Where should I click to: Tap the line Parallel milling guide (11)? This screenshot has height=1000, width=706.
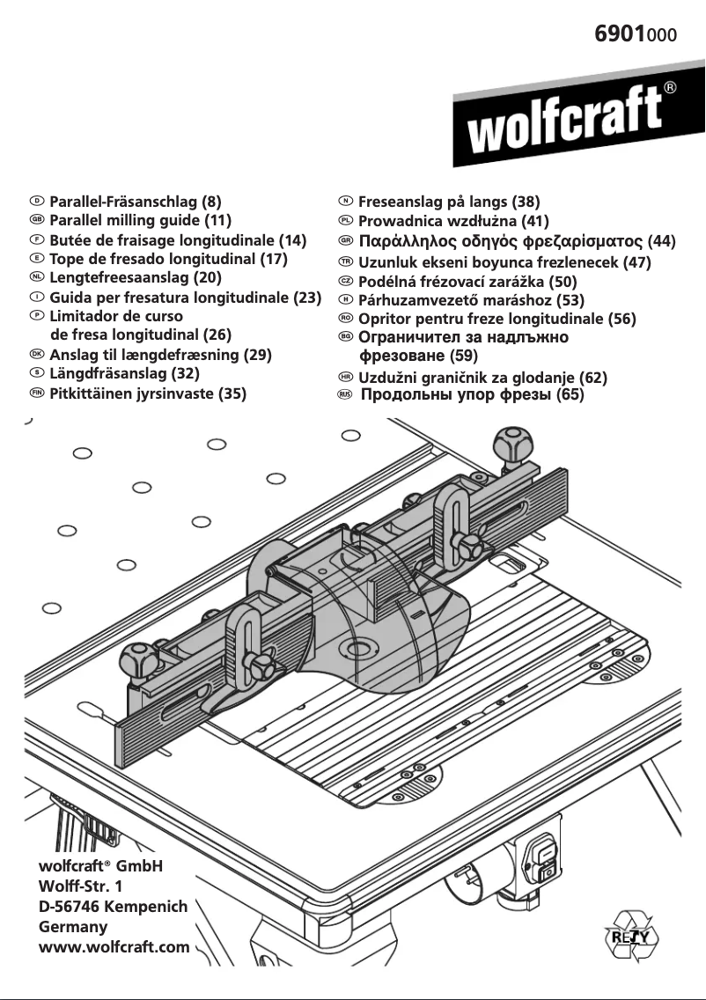tap(140, 220)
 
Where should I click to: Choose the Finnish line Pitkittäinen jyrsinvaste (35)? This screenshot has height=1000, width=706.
tap(147, 393)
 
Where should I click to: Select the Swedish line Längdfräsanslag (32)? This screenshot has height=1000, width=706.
tap(124, 374)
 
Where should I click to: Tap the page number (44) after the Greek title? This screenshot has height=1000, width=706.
tap(661, 240)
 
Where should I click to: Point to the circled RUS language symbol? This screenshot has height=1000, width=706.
tap(345, 394)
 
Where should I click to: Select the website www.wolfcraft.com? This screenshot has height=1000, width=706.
tap(114, 946)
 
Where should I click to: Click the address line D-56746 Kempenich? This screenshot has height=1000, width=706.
tap(113, 907)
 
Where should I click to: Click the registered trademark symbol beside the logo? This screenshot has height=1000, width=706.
tap(670, 88)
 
